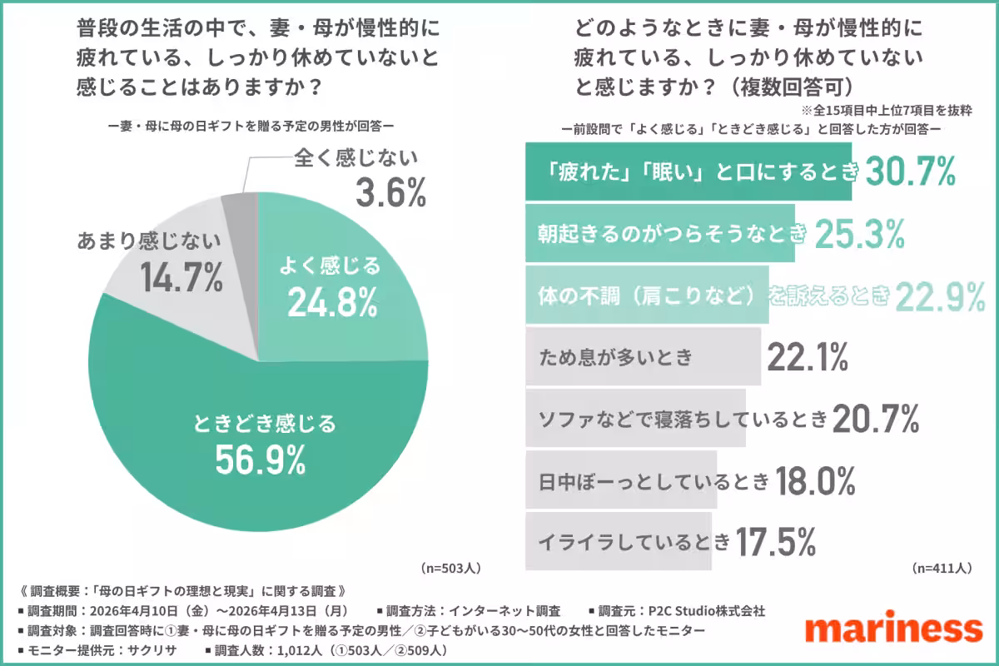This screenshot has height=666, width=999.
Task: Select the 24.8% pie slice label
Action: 332,304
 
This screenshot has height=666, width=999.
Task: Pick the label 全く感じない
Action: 356,157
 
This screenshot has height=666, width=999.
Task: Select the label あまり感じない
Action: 149,241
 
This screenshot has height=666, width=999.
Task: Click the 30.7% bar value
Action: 910,171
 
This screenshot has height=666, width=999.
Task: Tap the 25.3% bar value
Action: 859,235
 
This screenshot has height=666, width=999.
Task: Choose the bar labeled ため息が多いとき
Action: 643,357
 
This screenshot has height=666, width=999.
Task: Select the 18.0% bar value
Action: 817,480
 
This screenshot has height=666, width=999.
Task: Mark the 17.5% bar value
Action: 774,542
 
